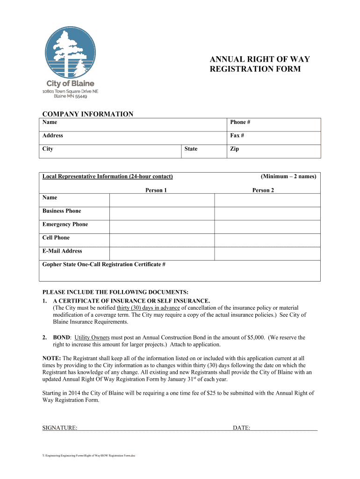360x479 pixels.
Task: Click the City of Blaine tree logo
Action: coord(70,52)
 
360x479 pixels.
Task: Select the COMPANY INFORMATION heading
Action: coord(88,114)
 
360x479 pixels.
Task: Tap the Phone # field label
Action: coord(240,122)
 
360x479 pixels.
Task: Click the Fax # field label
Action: coord(237,136)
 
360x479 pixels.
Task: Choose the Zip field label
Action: coord(234,149)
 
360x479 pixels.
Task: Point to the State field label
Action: coord(191,149)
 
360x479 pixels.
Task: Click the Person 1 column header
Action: coord(156,190)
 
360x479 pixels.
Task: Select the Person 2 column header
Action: coord(263,190)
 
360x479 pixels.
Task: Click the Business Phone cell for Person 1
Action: coord(161,213)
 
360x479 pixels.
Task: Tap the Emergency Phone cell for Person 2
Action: coord(267,227)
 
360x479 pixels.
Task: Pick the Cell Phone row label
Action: coord(56,238)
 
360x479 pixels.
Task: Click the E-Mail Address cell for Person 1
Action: coord(161,254)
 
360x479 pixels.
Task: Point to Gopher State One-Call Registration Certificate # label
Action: coord(104,265)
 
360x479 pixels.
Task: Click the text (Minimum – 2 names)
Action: coord(288,176)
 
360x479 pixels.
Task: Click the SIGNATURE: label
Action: coord(60,428)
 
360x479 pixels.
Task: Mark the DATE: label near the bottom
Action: coord(241,428)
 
